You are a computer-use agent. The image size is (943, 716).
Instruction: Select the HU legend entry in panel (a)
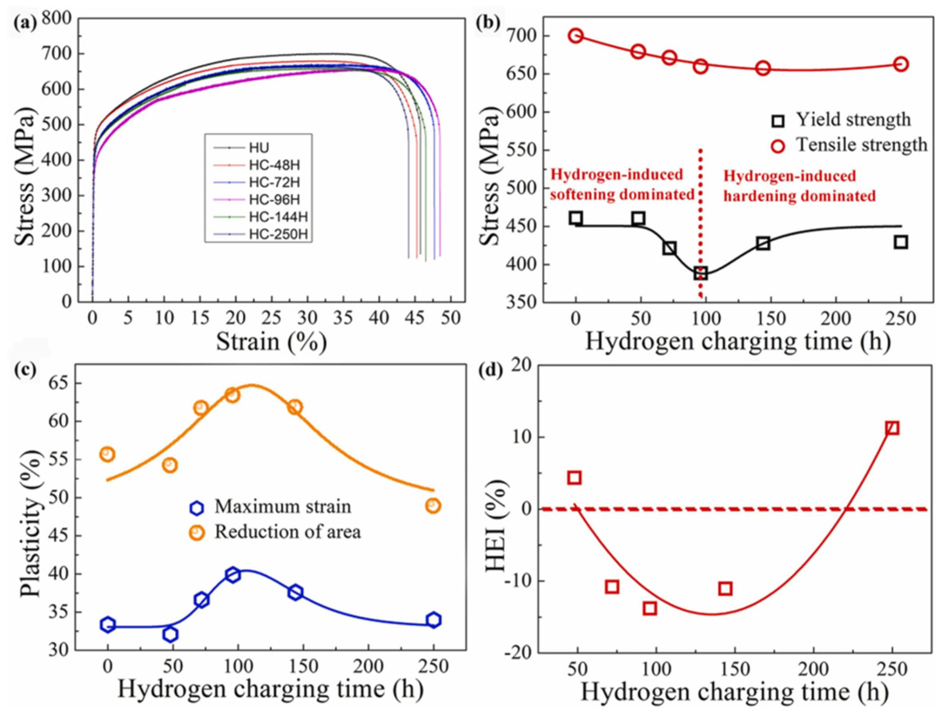point(259,148)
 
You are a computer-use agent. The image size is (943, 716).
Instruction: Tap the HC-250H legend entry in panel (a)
point(275,234)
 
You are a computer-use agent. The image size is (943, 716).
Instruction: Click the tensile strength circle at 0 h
point(576,36)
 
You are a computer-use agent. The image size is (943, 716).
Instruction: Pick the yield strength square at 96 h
point(700,273)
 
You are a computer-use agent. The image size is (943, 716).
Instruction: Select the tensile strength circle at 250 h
point(901,64)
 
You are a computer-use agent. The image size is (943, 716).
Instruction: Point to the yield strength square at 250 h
point(901,242)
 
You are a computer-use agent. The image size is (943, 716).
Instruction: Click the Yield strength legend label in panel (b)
point(853,120)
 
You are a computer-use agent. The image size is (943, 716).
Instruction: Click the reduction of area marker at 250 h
point(433,506)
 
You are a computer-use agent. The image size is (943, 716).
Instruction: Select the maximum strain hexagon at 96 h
point(233,575)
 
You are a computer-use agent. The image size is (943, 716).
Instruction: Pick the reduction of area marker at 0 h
point(108,454)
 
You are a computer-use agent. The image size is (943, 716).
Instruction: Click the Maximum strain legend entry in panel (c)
point(283,507)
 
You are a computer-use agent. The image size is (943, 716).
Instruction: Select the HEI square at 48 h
point(574,478)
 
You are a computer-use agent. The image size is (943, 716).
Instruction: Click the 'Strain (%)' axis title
point(271,342)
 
